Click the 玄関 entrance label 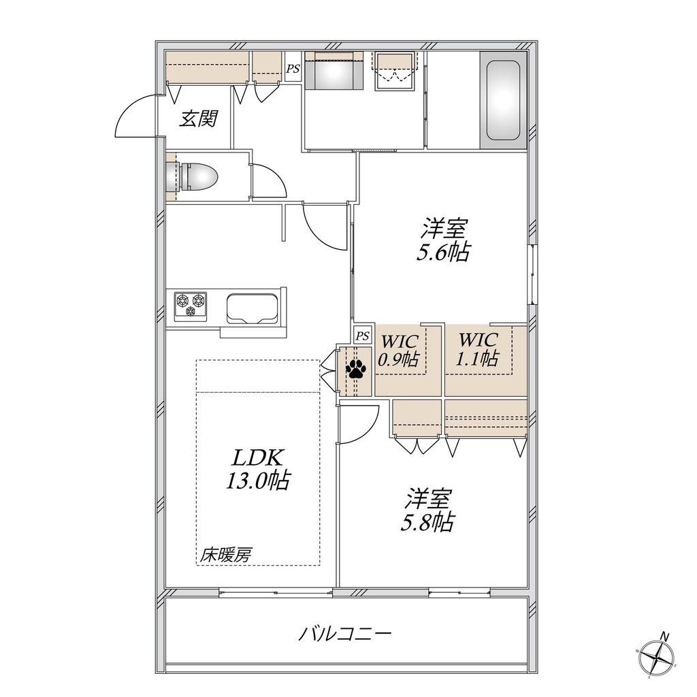(198, 119)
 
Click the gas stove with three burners (191, 306)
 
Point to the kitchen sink (250, 308)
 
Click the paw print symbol (356, 370)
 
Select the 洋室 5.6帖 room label (443, 240)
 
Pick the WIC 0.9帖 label (399, 350)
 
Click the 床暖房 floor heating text (225, 555)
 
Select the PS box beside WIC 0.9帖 (363, 335)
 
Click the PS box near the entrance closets (293, 68)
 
